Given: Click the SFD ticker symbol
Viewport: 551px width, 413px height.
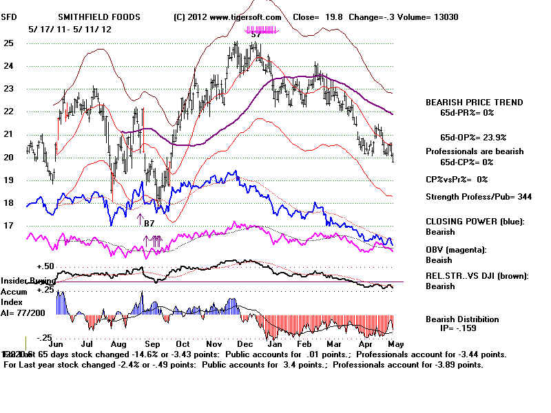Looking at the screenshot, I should pyautogui.click(x=9, y=17).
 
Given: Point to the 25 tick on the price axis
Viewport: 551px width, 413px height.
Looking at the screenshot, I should pyautogui.click(x=9, y=43).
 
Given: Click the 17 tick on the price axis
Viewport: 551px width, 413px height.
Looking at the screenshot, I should pyautogui.click(x=9, y=226).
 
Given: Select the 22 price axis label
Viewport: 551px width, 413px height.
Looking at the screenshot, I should pyautogui.click(x=9, y=112).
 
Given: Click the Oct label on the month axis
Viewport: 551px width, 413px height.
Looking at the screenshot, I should pyautogui.click(x=183, y=343).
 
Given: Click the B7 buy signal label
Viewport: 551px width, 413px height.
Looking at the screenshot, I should pyautogui.click(x=149, y=223).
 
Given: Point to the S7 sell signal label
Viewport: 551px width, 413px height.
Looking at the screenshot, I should pyautogui.click(x=256, y=34).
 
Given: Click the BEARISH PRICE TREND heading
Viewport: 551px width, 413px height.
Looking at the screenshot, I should pyautogui.click(x=474, y=103).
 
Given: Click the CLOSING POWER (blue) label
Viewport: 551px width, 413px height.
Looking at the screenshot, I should pyautogui.click(x=474, y=222).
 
